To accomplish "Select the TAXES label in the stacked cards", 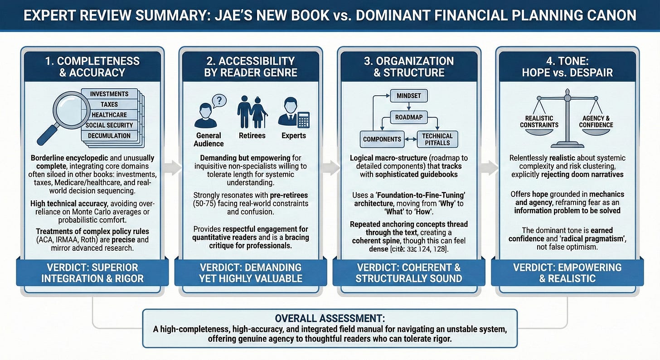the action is [109, 104].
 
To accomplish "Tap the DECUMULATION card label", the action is [109, 136].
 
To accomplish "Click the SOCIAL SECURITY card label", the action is [109, 125].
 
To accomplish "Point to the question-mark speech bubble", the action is [219, 100].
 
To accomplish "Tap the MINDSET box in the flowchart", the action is [409, 96].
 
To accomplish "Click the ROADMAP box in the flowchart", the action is [409, 117].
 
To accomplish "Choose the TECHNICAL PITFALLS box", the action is [437, 139].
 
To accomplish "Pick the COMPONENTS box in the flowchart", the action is [382, 139].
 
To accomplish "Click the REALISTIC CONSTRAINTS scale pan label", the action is [539, 122].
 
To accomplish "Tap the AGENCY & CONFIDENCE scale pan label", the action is [596, 122].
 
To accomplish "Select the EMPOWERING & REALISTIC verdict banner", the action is [568, 272].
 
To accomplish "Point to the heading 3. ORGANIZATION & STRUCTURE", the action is [409, 66].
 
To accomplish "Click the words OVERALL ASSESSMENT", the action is [330, 319].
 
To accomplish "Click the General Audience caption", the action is [209, 139].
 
